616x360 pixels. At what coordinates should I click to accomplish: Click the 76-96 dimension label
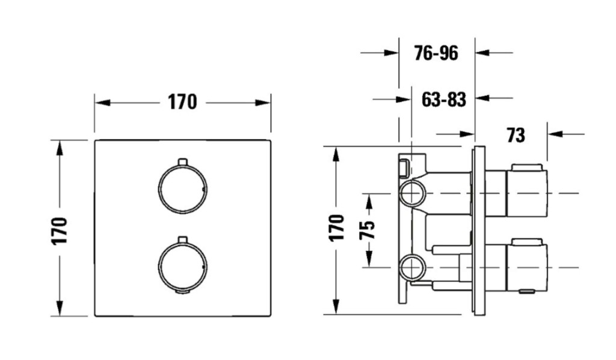436,53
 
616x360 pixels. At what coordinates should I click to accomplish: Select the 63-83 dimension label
444,99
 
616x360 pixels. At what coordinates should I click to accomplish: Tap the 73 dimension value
516,135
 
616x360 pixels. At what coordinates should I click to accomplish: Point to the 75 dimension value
368,231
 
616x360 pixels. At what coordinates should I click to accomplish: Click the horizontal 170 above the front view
182,102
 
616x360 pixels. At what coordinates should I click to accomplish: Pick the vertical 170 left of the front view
60,231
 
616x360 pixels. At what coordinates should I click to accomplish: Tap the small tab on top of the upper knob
183,162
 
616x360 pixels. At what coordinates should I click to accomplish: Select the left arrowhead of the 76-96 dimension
391,52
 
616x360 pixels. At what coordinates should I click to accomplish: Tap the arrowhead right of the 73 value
555,134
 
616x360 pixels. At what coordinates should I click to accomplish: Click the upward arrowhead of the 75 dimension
369,202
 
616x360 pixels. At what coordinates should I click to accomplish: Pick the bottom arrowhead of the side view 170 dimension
336,306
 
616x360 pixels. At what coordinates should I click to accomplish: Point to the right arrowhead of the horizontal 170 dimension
262,103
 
